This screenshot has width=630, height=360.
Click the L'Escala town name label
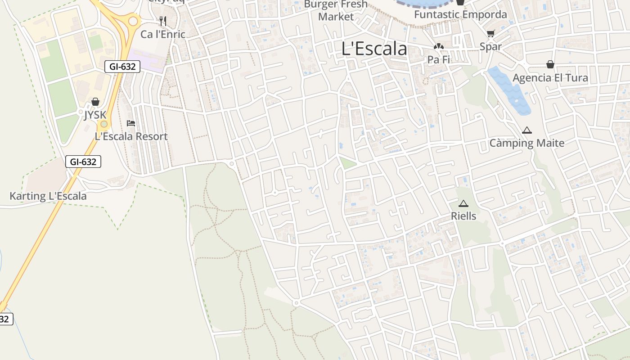coord(374,49)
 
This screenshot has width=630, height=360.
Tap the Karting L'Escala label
coord(48,196)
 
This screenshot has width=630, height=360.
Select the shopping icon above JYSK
coord(95,102)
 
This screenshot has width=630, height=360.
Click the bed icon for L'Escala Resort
coord(131,123)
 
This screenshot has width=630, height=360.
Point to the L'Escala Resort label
coord(131,136)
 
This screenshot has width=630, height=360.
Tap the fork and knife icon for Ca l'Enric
coord(163,21)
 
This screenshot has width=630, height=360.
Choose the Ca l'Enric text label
coord(162,34)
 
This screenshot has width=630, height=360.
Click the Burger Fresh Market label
coord(336,11)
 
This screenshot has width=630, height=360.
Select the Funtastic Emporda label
coord(460,14)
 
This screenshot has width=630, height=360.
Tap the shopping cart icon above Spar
coord(490,33)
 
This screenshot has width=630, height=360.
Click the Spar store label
coord(490,46)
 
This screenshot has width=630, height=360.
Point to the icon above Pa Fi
coord(438,46)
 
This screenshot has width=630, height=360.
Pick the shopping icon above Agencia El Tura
coord(550,64)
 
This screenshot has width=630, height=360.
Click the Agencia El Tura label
coord(550,78)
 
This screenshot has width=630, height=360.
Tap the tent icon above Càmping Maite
coord(526,130)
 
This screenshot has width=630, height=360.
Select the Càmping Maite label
coord(526,144)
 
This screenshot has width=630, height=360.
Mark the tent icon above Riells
coord(463,203)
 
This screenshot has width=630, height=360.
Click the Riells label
coord(463,216)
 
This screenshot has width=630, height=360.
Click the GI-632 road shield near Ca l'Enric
coord(122,67)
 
